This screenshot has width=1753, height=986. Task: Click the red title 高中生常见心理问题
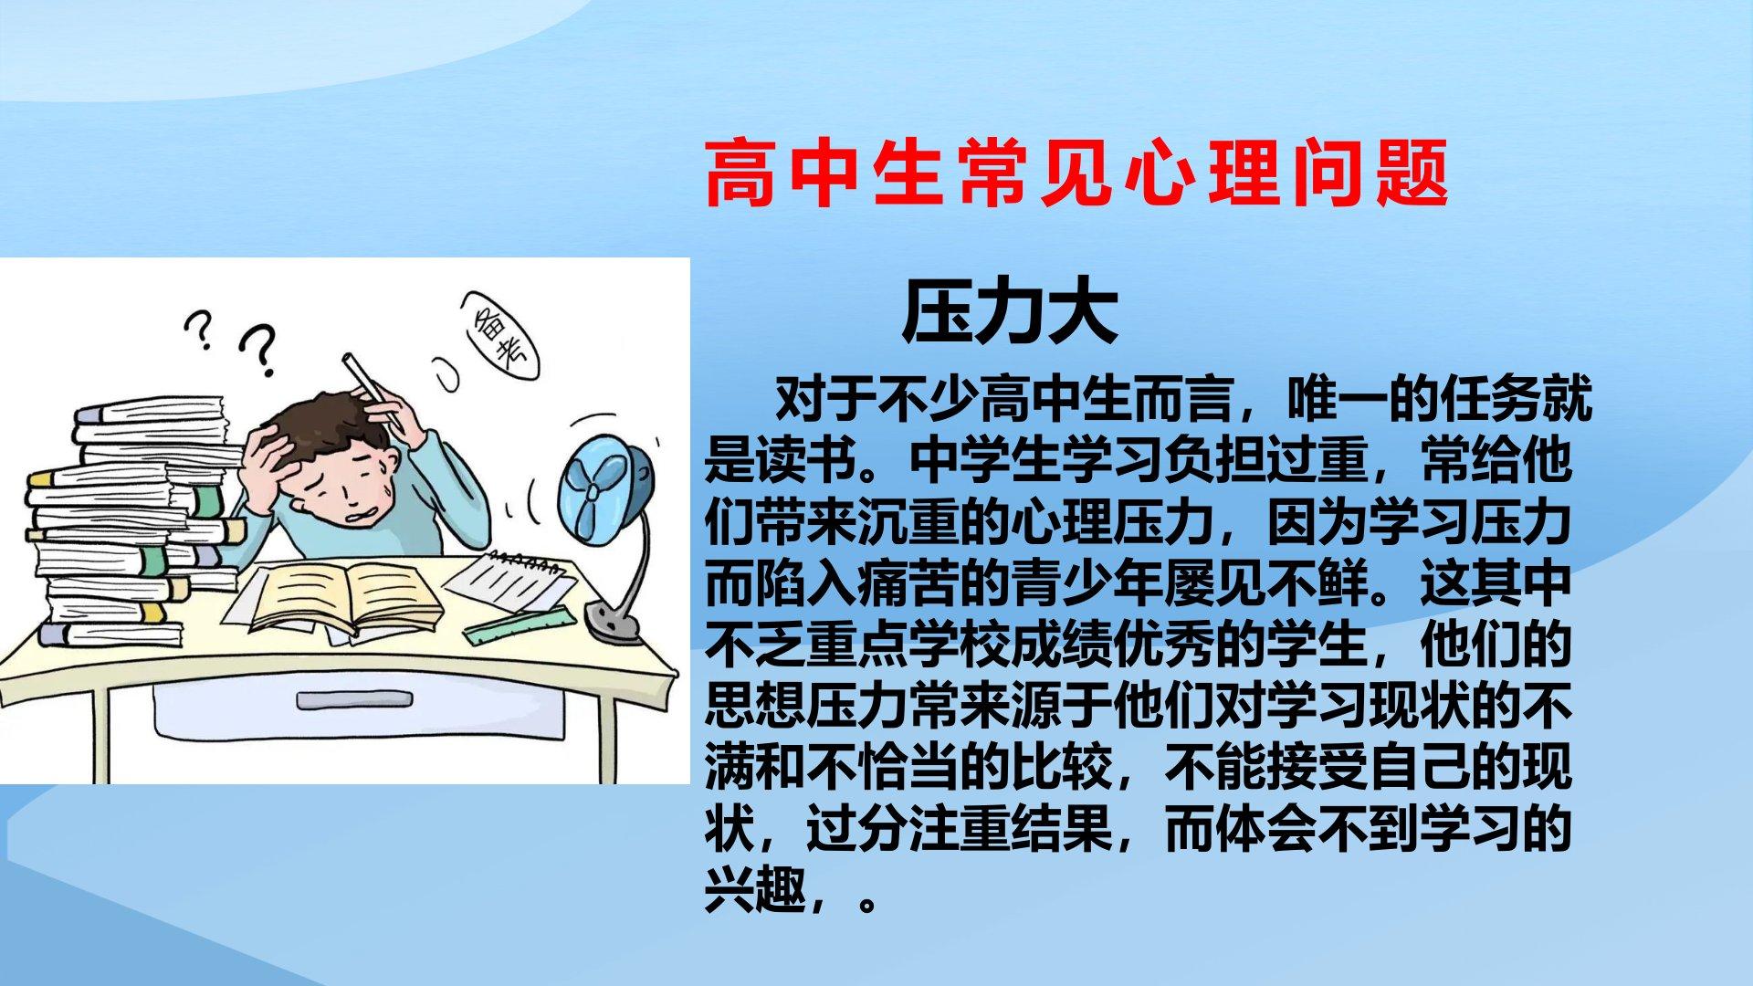click(x=1076, y=173)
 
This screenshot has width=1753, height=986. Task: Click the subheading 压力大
click(x=1011, y=312)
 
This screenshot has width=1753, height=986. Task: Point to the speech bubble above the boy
click(x=500, y=335)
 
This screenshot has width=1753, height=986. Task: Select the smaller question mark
click(x=199, y=330)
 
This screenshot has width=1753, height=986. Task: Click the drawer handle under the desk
click(x=354, y=700)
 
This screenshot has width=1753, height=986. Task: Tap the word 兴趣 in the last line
click(x=755, y=890)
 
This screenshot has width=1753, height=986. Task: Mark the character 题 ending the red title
click(x=1412, y=173)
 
